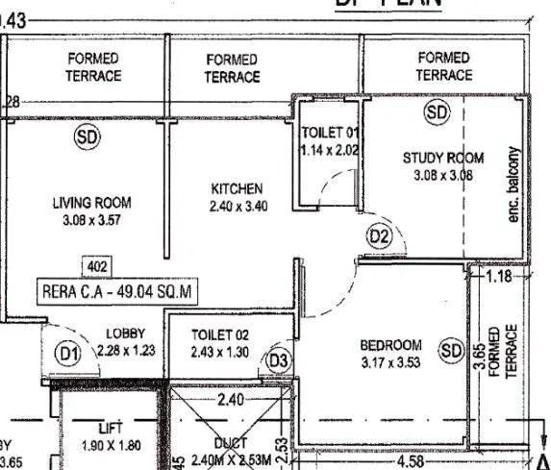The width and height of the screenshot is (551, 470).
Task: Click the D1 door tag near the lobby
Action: (x=66, y=353)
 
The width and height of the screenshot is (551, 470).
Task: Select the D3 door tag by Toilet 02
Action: (x=278, y=359)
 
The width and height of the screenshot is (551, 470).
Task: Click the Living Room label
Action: (x=91, y=203)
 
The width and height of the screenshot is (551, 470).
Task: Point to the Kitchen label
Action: (x=236, y=188)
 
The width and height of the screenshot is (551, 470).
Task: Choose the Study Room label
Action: (x=442, y=159)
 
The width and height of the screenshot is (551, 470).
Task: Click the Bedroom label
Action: (x=390, y=345)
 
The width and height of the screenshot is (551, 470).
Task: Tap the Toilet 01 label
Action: (x=330, y=133)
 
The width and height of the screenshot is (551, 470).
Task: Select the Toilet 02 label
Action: (x=220, y=335)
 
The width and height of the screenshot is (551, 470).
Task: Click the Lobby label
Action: (x=125, y=334)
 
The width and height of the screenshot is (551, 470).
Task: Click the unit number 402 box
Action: (x=98, y=266)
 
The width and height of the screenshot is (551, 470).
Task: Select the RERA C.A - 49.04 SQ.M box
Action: (x=119, y=289)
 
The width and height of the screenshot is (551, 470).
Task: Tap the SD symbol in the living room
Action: (x=88, y=137)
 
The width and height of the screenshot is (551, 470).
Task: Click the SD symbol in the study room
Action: (x=438, y=113)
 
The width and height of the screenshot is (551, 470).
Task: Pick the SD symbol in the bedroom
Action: (x=451, y=351)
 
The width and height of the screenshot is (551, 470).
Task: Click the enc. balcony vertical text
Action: (x=513, y=185)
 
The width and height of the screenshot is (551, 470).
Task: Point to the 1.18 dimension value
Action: (x=498, y=277)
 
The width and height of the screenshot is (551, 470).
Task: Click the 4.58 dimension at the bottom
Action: (x=410, y=462)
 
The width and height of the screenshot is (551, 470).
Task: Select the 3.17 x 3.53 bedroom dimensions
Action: (x=390, y=362)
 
